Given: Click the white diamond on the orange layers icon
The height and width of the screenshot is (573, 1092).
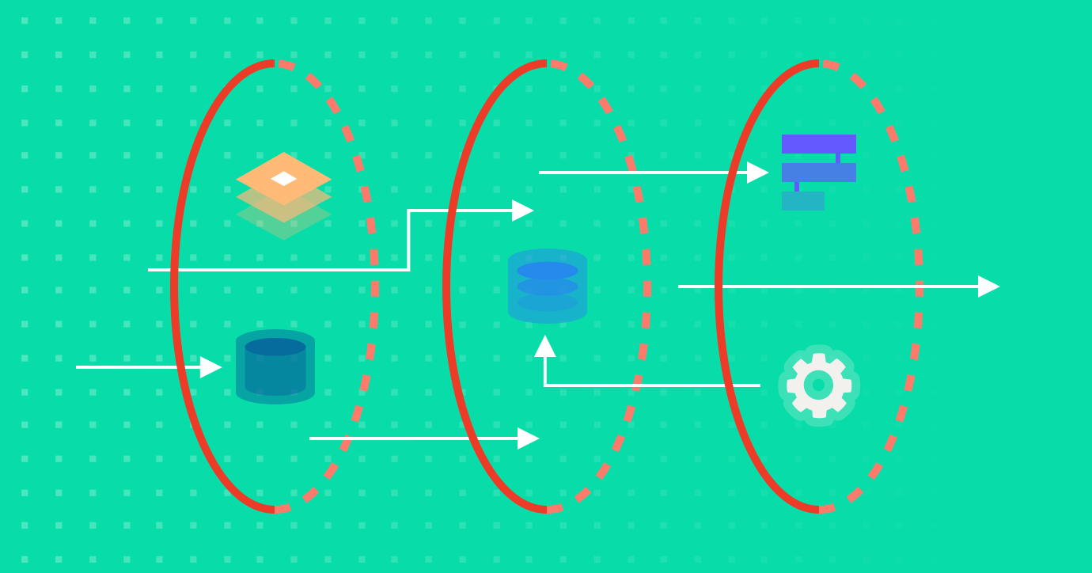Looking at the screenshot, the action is point(283,179).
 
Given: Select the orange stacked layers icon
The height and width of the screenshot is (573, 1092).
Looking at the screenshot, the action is point(283,195).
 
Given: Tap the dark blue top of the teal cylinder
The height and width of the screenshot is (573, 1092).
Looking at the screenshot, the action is point(275,347).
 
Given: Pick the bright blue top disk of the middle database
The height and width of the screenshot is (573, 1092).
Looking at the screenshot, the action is point(548,271).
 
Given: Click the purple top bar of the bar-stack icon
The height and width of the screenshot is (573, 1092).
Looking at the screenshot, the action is point(818,143).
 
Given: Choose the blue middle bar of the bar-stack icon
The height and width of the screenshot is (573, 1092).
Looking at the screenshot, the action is point(818,173).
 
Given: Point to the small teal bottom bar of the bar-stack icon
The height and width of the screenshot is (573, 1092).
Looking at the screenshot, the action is point(802,201).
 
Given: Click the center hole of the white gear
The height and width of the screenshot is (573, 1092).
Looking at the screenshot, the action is point(818,385).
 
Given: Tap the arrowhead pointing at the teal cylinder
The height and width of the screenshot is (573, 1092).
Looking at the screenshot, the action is point(211,367).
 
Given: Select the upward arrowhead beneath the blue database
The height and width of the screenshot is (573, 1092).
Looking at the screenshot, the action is point(544,346).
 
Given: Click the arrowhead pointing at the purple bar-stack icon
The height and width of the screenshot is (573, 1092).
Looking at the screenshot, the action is point(758,173).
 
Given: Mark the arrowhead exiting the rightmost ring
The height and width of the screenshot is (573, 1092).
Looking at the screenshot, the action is point(989,286).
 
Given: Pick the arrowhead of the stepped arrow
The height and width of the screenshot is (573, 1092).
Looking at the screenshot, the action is point(523,211).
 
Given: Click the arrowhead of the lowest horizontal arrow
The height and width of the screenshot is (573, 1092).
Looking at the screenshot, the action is point(529,438).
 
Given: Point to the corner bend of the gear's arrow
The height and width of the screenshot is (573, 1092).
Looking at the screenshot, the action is point(545,385).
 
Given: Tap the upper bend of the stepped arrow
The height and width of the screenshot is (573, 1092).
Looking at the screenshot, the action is point(408,211).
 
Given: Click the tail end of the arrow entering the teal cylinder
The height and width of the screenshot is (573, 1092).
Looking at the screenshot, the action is point(78,367).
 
